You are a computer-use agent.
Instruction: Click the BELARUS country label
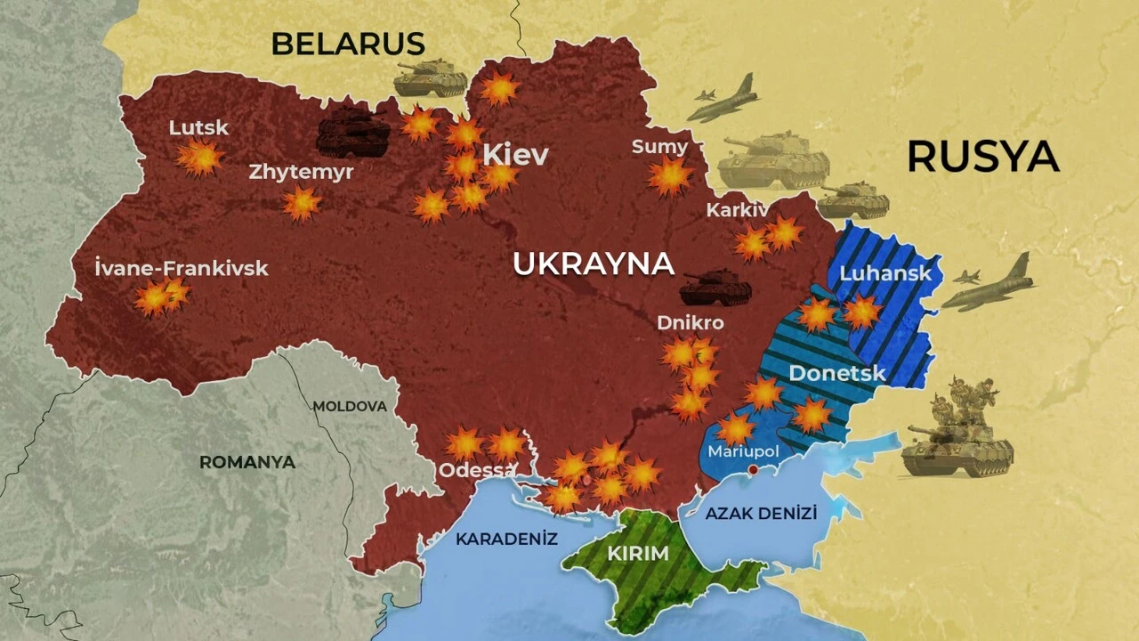[348, 43]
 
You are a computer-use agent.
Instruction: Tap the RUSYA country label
[982, 157]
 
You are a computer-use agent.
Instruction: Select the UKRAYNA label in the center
[594, 264]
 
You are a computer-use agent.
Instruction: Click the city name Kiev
[515, 155]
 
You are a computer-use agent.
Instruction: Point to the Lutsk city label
[198, 127]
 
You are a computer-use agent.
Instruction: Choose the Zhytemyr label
[301, 172]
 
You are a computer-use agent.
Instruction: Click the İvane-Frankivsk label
[181, 268]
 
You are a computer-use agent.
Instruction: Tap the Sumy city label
[659, 147]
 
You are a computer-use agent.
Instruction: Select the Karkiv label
[737, 210]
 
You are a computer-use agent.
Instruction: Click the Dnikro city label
[691, 322]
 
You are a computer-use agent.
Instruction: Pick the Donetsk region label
[837, 372]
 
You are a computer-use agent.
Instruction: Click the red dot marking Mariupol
[753, 469]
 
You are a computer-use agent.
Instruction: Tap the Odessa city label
[477, 469]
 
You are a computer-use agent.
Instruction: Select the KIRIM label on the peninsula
[637, 553]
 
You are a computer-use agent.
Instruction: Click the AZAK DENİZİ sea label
[761, 513]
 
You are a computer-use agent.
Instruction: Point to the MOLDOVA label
[350, 406]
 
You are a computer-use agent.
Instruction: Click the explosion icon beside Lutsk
[199, 158]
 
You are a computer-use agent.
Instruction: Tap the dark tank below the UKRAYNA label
[715, 288]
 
